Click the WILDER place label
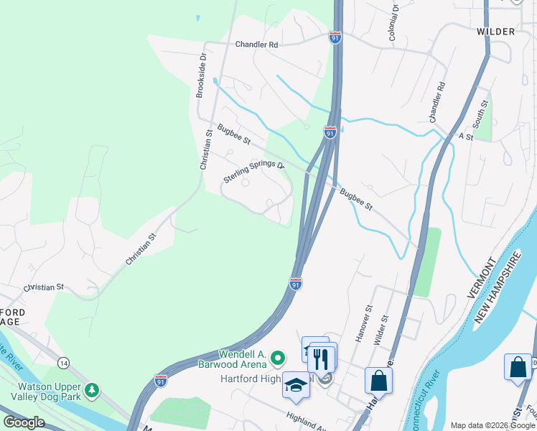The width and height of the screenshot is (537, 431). coord(495,32)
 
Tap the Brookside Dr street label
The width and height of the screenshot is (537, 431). coord(202,74)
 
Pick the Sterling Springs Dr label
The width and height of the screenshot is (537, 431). coord(253,172)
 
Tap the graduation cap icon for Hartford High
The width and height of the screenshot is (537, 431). coord(296,385)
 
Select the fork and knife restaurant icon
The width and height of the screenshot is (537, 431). coord(321,357)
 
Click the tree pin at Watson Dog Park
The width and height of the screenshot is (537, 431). coord(91,390)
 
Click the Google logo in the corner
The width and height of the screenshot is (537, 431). coord(24,422)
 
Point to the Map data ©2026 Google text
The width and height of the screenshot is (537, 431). coord(492,425)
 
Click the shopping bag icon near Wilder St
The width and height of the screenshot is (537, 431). coord(378,380)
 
